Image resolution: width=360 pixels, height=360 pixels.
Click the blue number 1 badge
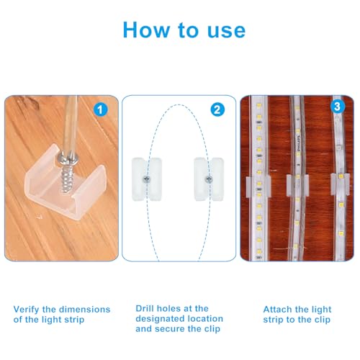click(x=100, y=110)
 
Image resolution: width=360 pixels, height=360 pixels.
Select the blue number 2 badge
click(x=217, y=109)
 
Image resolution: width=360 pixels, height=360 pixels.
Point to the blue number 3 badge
click(x=337, y=106)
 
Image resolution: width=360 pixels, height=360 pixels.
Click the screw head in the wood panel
click(x=68, y=158)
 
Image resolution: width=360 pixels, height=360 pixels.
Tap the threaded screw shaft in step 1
click(x=66, y=178)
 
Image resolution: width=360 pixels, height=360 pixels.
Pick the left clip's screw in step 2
click(x=146, y=179)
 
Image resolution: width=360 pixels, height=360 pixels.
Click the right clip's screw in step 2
click(x=209, y=179)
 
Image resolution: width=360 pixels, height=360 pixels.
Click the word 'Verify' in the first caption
click(x=26, y=310)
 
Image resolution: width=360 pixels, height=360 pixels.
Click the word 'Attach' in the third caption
click(x=277, y=309)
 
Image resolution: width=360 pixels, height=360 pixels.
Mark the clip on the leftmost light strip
click(x=258, y=186)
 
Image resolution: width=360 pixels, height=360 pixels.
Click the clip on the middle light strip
click(x=297, y=185)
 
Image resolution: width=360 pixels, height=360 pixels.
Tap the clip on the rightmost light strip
click(x=340, y=184)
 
